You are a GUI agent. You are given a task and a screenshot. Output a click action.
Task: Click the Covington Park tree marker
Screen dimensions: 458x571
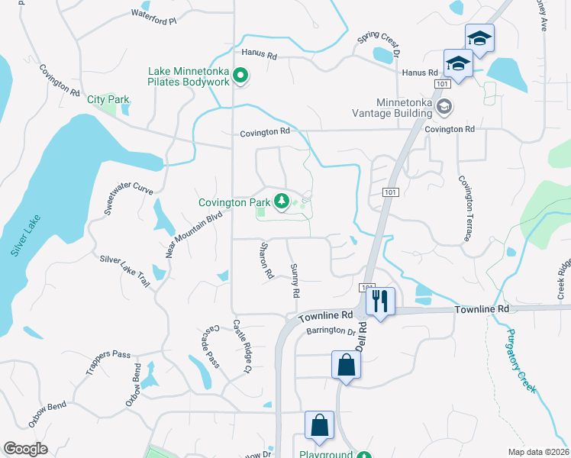tap(282, 202)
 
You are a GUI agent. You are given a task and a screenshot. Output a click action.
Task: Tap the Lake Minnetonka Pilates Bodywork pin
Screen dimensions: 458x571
tap(240, 76)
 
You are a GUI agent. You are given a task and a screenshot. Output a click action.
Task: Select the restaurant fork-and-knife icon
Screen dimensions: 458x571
tap(380, 301)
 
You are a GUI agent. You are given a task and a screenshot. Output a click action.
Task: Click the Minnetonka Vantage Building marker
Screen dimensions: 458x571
tap(444, 108)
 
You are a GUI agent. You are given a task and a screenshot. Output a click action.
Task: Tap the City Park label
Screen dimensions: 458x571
tap(108, 99)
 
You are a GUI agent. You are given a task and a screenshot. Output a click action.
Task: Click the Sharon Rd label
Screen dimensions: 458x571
tap(266, 260)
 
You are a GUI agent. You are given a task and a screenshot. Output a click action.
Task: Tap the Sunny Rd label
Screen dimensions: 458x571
tap(295, 280)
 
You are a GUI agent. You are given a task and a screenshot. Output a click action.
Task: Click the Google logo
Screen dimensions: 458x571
tap(26, 448)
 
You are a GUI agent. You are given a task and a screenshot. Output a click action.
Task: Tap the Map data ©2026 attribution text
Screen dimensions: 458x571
tap(539, 452)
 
